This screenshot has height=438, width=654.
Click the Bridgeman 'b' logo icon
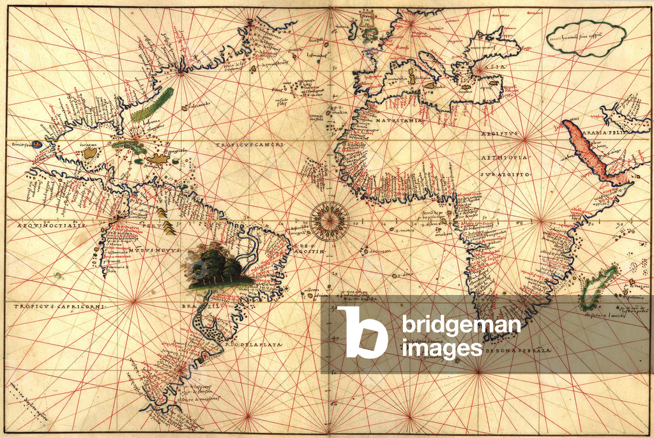point(362,332)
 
